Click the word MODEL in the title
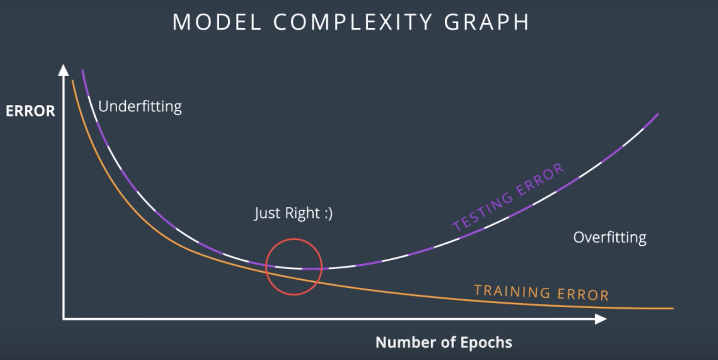[217, 22]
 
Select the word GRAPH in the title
[487, 22]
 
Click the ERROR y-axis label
[30, 111]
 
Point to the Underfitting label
[140, 107]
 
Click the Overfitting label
[610, 237]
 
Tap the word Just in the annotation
[267, 213]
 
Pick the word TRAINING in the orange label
[512, 291]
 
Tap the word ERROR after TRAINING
[583, 295]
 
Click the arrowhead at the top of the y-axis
[64, 70]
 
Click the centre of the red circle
[294, 267]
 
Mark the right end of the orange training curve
[673, 308]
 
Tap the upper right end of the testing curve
[657, 114]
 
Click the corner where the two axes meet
[64, 319]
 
